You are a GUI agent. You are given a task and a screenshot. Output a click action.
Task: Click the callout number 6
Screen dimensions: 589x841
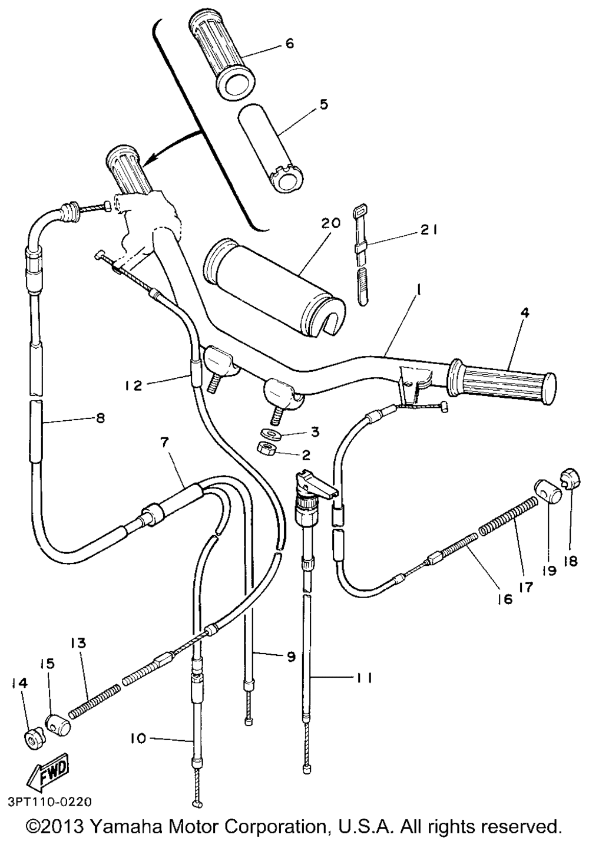(x=289, y=44)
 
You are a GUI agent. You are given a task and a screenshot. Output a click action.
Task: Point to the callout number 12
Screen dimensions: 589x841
(x=134, y=385)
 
